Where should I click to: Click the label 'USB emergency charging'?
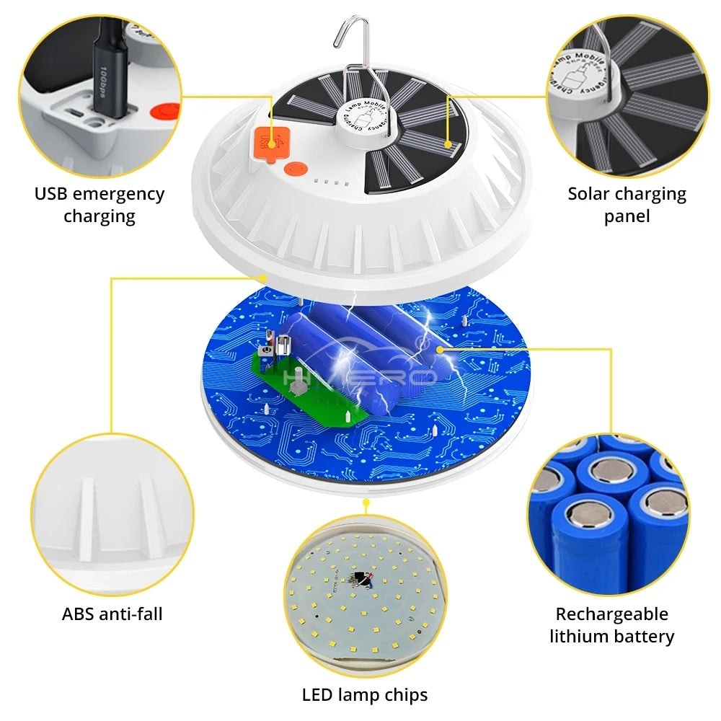(99, 205)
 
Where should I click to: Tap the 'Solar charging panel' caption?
(627, 205)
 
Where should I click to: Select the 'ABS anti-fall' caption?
(112, 614)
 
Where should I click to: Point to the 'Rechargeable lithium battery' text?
(611, 625)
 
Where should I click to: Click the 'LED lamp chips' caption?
(364, 695)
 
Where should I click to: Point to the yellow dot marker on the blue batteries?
(439, 348)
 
